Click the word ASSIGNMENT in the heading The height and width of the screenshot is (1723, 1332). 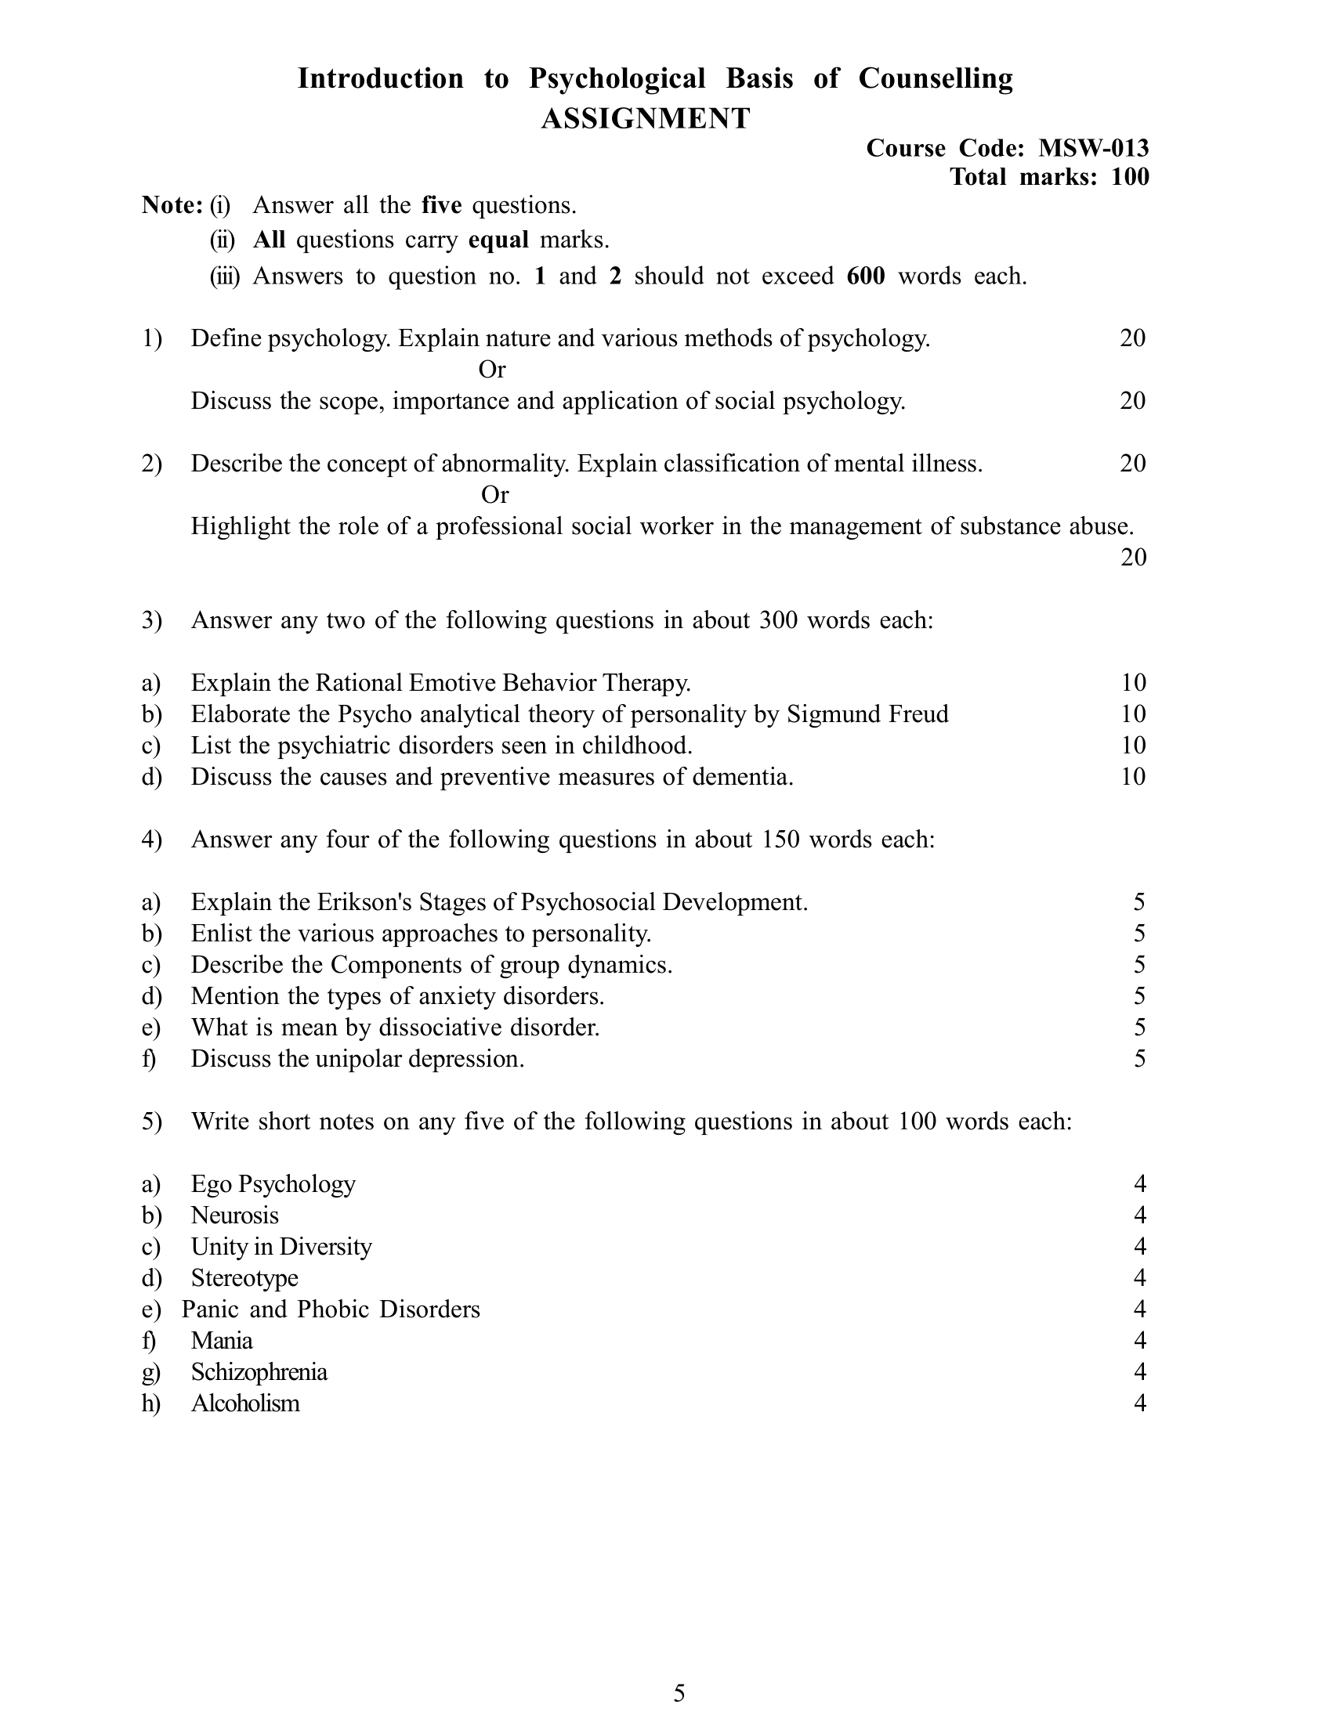click(x=645, y=119)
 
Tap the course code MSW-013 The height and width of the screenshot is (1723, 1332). click(x=1093, y=148)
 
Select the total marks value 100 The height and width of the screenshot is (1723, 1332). click(x=1130, y=177)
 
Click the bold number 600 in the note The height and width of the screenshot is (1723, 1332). click(x=866, y=276)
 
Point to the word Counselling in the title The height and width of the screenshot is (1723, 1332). click(x=935, y=79)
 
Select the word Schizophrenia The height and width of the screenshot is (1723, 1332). click(x=259, y=1372)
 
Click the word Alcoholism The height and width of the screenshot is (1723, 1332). click(x=244, y=1403)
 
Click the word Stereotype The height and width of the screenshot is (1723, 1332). click(x=244, y=1278)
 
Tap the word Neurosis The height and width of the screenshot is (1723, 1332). click(x=234, y=1215)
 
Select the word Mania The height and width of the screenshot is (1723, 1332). click(x=222, y=1340)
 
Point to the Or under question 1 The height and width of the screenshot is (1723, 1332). click(x=491, y=369)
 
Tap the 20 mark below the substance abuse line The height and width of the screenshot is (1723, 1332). click(x=1132, y=558)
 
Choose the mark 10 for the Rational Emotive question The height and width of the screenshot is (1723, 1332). click(x=1132, y=682)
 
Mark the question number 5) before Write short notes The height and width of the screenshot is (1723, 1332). click(x=151, y=1121)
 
